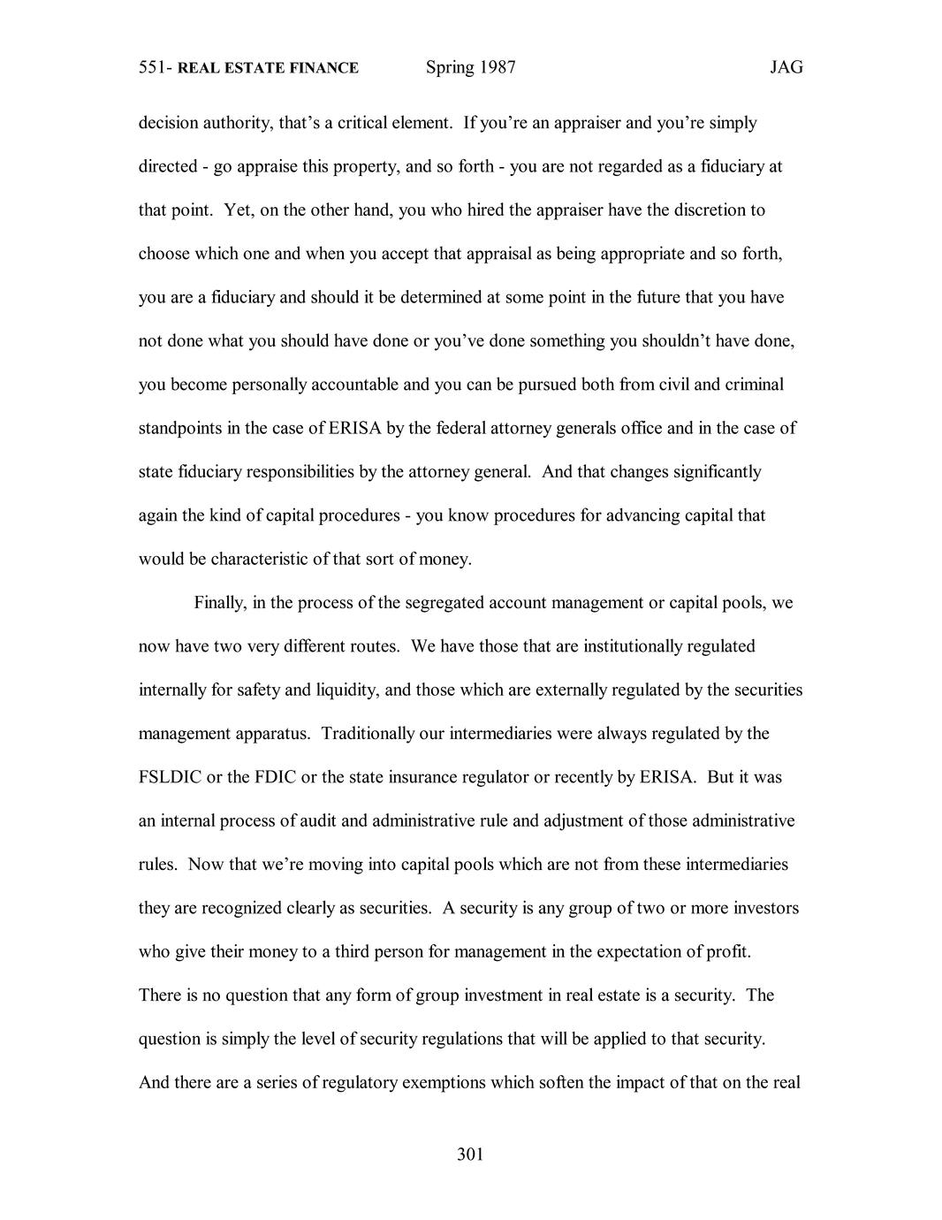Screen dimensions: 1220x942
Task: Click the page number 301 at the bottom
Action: pyautogui.click(x=470, y=1154)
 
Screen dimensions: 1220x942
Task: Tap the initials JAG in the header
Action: pyautogui.click(x=786, y=67)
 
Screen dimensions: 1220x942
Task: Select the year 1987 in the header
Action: pyautogui.click(x=498, y=67)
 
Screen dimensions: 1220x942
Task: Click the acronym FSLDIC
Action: pyautogui.click(x=170, y=778)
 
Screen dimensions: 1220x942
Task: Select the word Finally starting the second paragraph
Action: pyautogui.click(x=221, y=603)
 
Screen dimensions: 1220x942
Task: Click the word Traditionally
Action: pyautogui.click(x=382, y=734)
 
